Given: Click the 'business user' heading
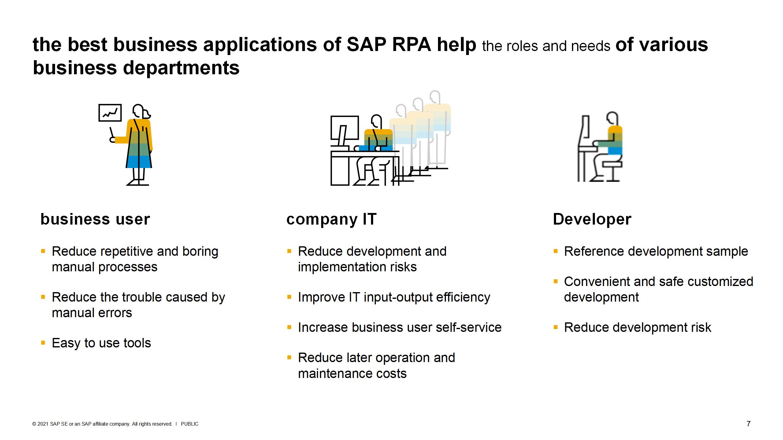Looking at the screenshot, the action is coord(95,219).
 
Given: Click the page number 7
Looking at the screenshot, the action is coord(748,424).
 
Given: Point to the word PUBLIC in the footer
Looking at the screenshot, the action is coord(190,424).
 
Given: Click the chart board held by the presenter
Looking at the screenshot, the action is coord(110,113).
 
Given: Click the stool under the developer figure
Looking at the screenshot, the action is coord(612,171).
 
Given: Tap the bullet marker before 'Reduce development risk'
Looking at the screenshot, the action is coord(556,328).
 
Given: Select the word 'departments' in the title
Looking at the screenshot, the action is coord(181,68).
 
